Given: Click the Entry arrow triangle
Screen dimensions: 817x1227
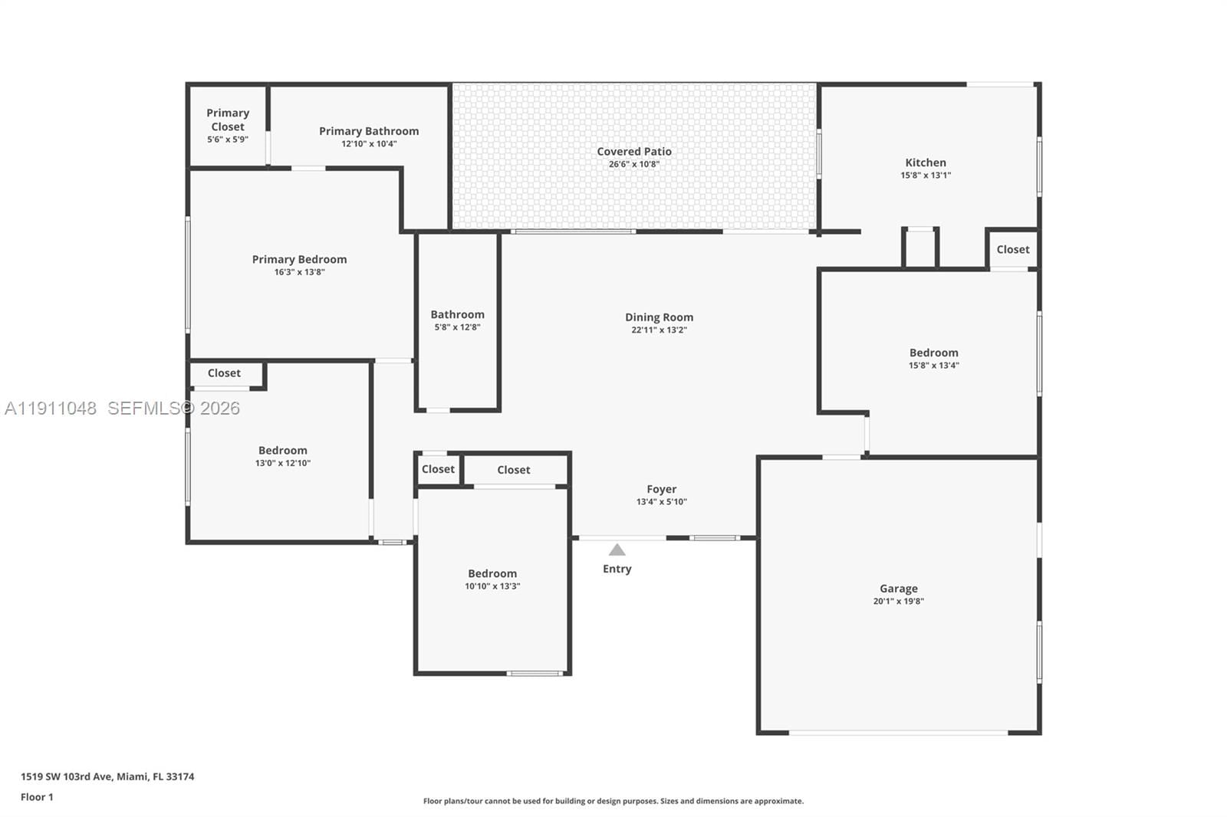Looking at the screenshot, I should coord(617,550).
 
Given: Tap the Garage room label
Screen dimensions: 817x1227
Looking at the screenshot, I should coord(898,589).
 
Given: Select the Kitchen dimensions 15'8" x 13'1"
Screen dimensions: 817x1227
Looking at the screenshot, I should coord(926,176).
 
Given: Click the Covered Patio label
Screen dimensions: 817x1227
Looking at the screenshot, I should coord(634,152).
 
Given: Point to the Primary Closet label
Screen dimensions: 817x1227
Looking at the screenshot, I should coord(228,120).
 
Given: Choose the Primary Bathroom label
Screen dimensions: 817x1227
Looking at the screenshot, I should coord(369,131).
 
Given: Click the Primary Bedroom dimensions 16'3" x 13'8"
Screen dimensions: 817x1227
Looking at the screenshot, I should coord(299,272).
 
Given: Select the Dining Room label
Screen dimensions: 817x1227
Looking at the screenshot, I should coord(659,317).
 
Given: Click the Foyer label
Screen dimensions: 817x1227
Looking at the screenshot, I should coord(661,489).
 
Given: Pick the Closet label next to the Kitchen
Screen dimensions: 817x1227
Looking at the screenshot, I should coord(1012,250).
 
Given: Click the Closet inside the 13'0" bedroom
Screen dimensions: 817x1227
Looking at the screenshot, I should coord(224,373).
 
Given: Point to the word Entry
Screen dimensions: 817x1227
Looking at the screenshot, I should coord(617,569).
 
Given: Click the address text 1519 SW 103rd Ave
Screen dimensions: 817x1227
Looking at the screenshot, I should coord(107,776).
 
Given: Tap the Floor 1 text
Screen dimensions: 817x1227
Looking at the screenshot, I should coord(37,797).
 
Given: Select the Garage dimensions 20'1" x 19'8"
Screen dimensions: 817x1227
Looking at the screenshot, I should coord(898,602).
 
